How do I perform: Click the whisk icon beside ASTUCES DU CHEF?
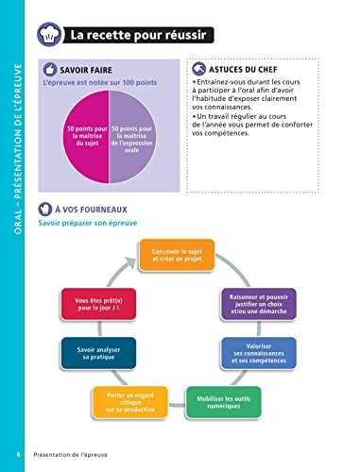click(x=197, y=70)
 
